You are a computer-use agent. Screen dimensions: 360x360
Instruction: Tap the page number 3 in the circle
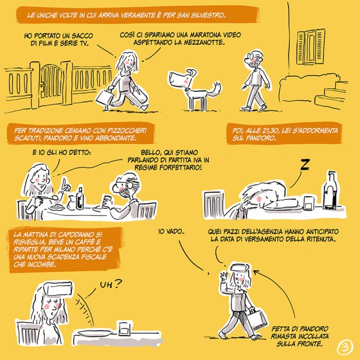345,347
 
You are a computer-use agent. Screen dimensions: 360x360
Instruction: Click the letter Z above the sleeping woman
305,164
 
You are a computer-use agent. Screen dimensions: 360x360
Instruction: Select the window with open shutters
311,47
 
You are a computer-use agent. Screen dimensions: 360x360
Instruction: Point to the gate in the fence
51,85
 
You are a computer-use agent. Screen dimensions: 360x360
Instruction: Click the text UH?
111,284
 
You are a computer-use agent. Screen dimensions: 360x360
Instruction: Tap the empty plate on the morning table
95,333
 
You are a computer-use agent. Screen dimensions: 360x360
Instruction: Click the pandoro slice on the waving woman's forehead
240,268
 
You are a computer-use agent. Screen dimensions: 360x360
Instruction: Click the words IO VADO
171,232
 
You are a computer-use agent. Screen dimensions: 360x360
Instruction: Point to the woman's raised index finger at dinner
65,181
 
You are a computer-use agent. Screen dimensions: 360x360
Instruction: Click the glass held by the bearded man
106,202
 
